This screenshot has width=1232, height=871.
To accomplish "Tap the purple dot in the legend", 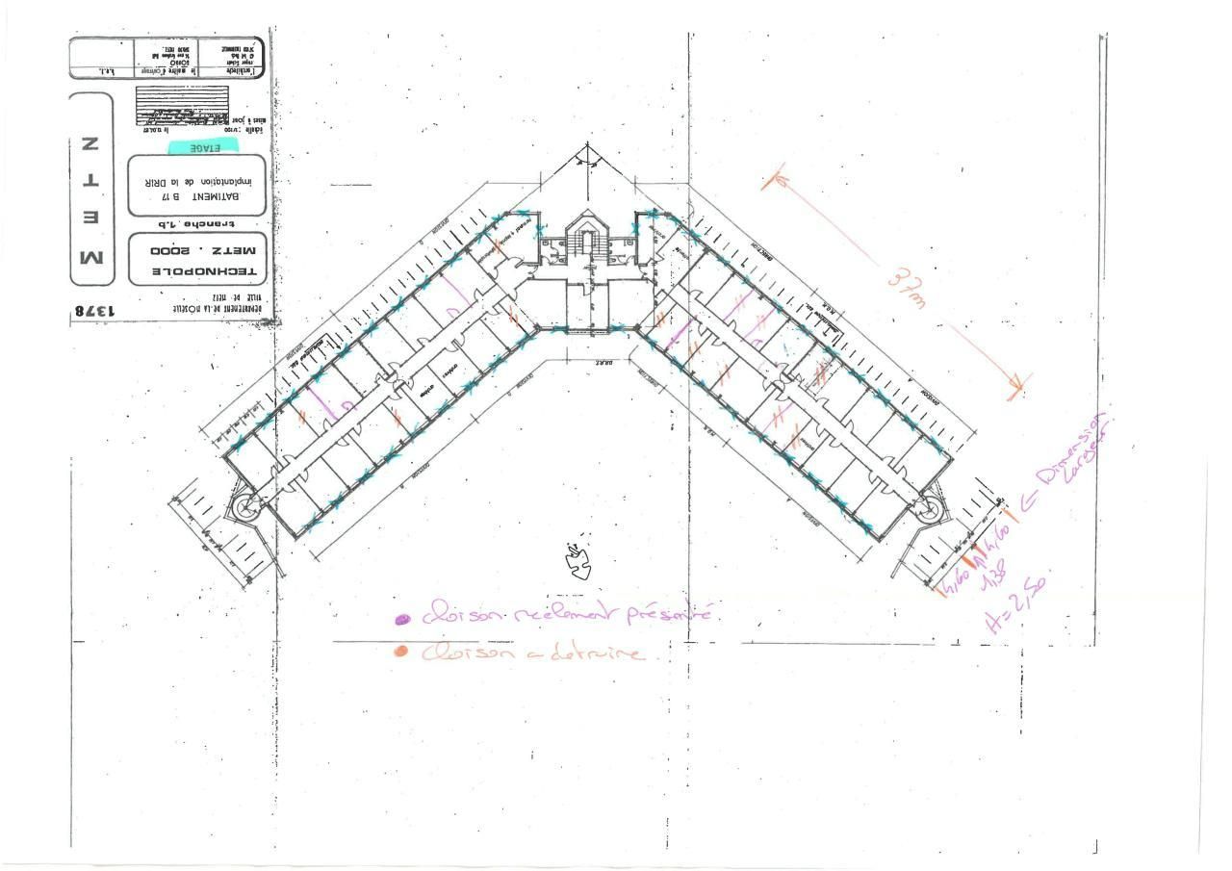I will pos(402,620).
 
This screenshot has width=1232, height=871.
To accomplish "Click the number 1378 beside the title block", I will pos(92,310).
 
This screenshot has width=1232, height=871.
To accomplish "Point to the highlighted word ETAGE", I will pos(205,147).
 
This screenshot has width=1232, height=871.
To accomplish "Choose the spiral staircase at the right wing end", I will pos(929,509).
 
